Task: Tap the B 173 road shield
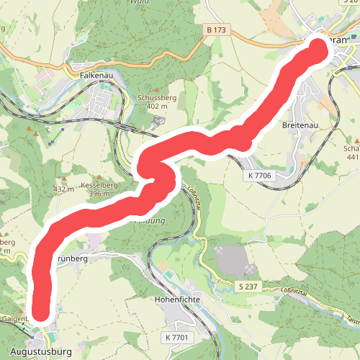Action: point(216,31)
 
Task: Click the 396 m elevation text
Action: point(99,194)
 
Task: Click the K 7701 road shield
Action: point(176,337)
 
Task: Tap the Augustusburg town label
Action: point(37,352)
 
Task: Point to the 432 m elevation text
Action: point(64,189)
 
